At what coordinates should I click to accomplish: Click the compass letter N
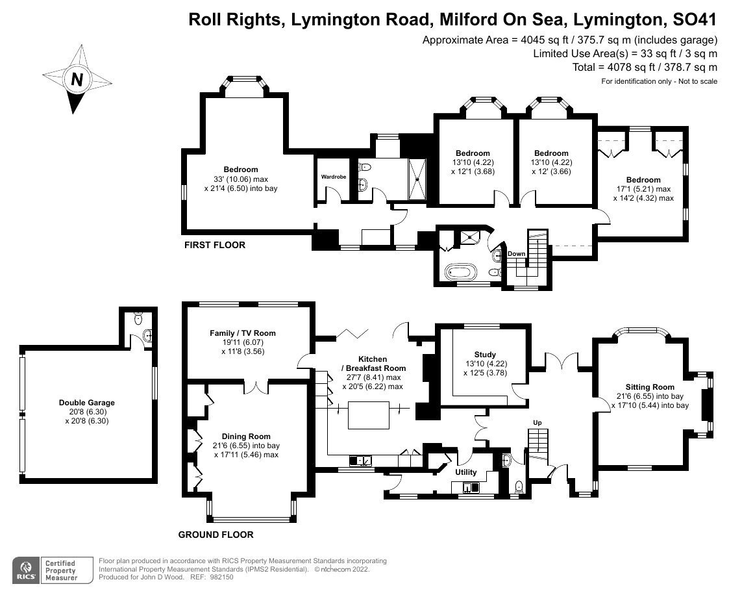pos(77,79)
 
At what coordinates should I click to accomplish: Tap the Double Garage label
pos(86,403)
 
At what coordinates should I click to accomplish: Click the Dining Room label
pos(246,437)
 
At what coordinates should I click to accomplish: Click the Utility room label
pos(465,472)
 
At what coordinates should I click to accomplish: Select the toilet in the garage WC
pos(137,319)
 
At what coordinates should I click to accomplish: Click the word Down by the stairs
pos(516,253)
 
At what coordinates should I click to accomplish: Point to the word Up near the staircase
pos(537,423)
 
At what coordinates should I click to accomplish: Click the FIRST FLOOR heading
pos(215,245)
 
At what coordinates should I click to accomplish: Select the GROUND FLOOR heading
pos(216,535)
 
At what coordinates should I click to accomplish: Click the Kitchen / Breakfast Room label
pos(373,368)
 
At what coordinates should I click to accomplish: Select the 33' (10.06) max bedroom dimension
pos(241,179)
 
